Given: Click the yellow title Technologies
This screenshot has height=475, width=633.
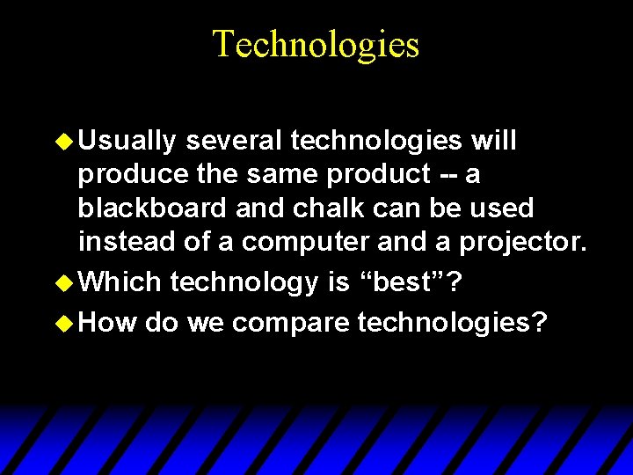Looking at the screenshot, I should click(316, 44).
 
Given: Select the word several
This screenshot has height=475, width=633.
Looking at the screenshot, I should click(234, 141).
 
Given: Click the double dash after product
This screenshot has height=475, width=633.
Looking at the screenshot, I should click(447, 176).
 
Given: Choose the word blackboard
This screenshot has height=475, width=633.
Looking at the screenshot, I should click(151, 208).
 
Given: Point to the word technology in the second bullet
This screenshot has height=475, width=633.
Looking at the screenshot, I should click(243, 282).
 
